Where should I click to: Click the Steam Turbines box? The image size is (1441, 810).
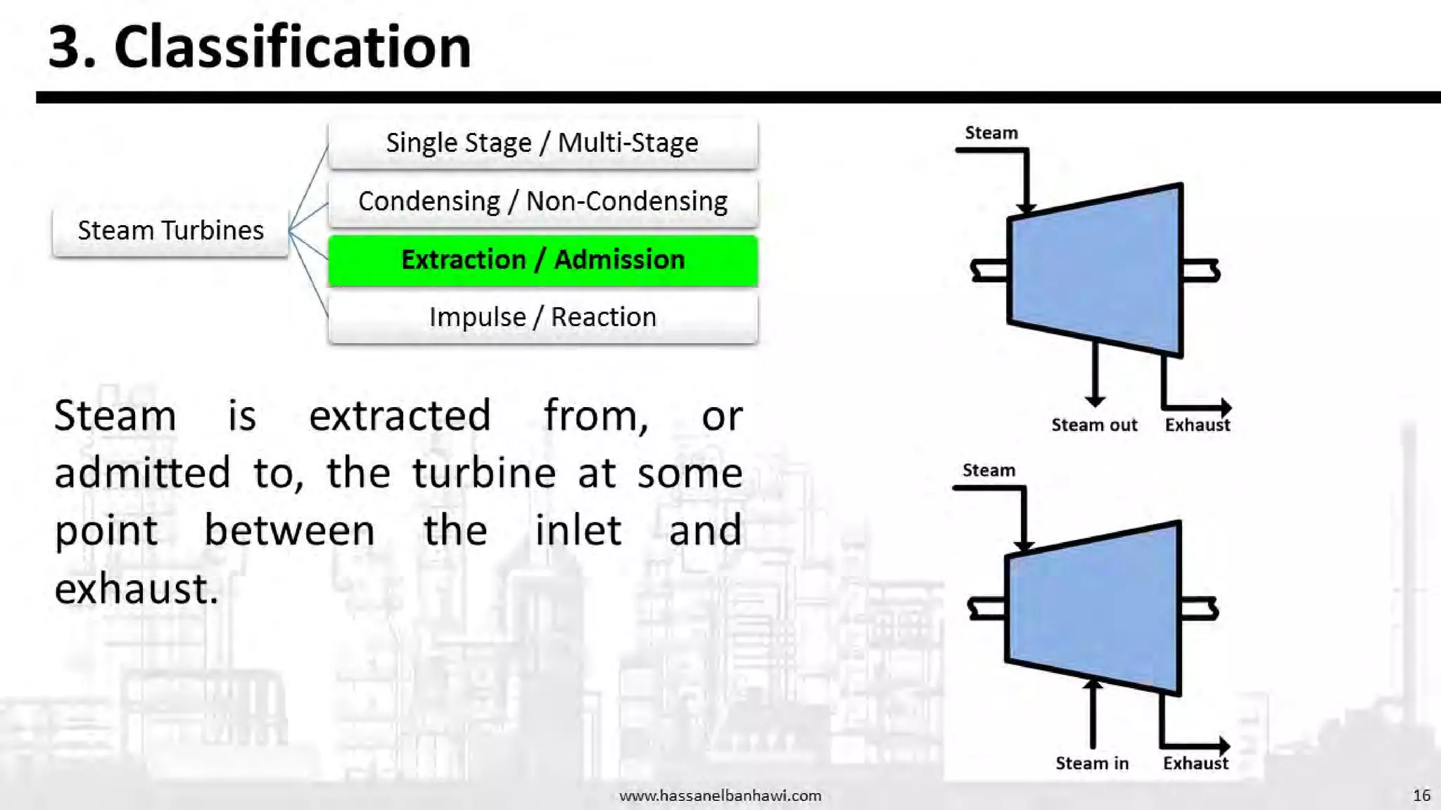click(x=170, y=231)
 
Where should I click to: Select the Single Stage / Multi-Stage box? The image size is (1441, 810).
click(x=542, y=143)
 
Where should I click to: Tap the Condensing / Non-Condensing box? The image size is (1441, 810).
click(x=542, y=202)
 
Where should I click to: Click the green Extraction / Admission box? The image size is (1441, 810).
click(x=542, y=260)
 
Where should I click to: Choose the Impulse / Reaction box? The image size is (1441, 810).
click(x=542, y=318)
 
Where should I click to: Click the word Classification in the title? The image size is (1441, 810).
click(x=292, y=47)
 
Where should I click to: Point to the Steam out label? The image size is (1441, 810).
click(x=1094, y=425)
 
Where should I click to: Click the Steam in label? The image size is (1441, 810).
click(x=1092, y=764)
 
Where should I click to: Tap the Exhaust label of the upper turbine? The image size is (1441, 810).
click(x=1198, y=425)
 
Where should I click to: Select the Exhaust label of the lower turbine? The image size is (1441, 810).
click(x=1195, y=764)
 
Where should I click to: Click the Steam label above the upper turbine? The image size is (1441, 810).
click(x=991, y=133)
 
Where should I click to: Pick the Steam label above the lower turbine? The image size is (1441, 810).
click(x=989, y=470)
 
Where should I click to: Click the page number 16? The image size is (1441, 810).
click(x=1421, y=795)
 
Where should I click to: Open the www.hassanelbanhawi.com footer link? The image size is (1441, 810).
click(x=720, y=796)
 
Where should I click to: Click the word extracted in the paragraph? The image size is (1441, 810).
click(x=400, y=416)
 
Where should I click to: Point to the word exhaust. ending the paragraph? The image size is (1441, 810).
click(x=137, y=589)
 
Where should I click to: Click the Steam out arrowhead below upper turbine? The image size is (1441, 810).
click(x=1095, y=401)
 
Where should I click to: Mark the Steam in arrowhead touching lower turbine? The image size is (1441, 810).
click(x=1093, y=684)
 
